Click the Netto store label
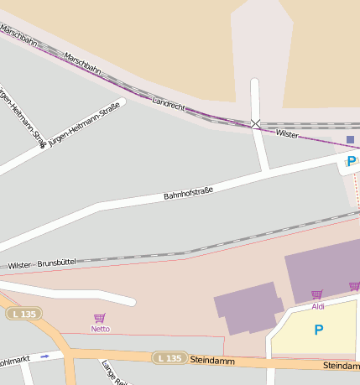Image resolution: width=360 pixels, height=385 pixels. click(x=100, y=329)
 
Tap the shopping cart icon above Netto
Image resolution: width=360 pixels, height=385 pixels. click(x=100, y=318)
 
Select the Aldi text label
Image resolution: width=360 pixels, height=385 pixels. click(x=317, y=307)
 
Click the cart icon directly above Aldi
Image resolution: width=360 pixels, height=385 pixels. click(x=316, y=295)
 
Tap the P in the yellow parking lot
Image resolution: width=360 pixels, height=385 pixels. click(x=318, y=330)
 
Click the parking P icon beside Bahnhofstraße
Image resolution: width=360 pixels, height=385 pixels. click(x=351, y=160)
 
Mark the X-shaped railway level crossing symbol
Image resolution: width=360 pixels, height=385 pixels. click(x=255, y=123)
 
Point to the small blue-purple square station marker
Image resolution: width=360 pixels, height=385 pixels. click(x=350, y=139)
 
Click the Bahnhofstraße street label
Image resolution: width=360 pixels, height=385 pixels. click(x=188, y=194)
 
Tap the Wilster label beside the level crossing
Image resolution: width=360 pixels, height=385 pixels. click(x=287, y=133)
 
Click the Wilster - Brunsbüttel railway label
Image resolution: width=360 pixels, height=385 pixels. click(x=42, y=263)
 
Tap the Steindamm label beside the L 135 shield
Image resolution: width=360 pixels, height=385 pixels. click(x=210, y=360)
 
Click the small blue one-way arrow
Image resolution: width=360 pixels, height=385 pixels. click(x=45, y=356)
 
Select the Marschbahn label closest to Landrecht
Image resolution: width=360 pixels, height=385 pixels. click(x=81, y=64)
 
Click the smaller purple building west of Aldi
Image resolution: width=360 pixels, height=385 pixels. click(x=248, y=308)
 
